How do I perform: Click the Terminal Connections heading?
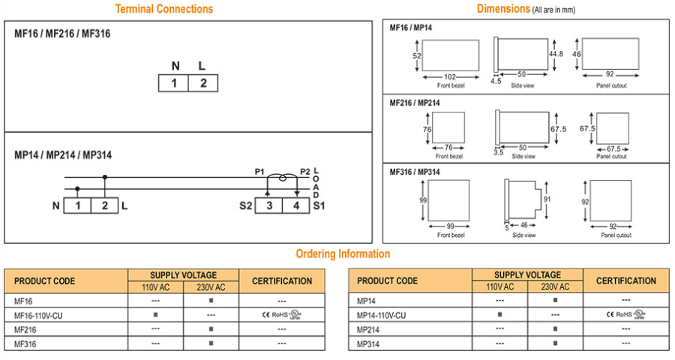point(163,9)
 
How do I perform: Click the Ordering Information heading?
point(343,253)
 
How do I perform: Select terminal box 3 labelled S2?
point(268,205)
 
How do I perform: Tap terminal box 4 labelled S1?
point(296,205)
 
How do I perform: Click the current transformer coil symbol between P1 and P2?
point(283,178)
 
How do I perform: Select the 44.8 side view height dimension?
point(556,54)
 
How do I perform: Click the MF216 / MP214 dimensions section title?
point(415,103)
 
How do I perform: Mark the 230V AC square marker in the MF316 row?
point(211,343)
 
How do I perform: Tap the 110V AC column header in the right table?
point(500,286)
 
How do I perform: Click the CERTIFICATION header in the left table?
point(282,281)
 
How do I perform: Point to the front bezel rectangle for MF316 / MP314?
point(448,201)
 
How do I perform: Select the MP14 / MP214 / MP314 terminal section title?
point(63,155)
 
